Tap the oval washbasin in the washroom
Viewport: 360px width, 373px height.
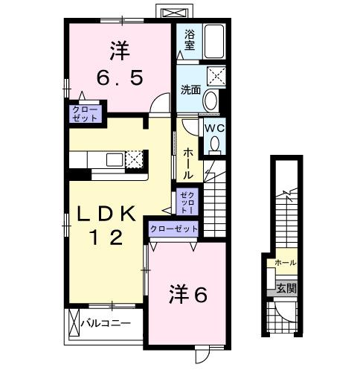[210, 101]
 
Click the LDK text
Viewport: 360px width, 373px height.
[108, 214]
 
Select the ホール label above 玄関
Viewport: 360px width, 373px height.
[285, 263]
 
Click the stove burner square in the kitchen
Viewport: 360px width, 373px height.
[134, 159]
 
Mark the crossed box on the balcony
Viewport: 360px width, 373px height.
[73, 324]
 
